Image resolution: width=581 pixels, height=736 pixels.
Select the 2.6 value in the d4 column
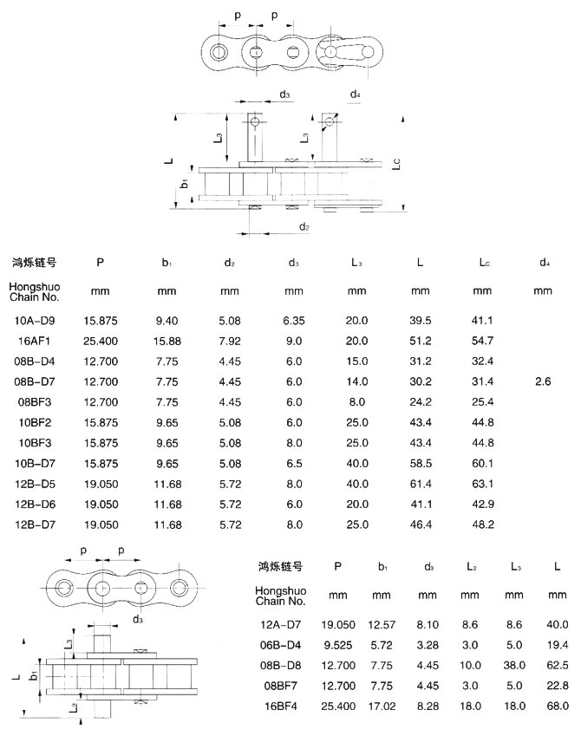coord(543,381)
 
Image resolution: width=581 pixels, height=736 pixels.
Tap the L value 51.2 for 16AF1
coord(421,341)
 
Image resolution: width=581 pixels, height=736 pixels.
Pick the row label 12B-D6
coord(36,504)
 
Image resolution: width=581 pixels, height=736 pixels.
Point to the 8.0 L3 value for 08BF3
coord(357,401)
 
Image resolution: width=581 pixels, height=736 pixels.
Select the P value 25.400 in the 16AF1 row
coord(101,341)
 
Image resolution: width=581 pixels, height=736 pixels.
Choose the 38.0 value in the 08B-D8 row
coord(514,665)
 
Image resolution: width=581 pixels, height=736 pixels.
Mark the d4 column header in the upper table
coord(543,262)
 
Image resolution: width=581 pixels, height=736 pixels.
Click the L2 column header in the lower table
coord(470,566)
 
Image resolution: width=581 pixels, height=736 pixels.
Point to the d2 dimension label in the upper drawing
coord(304,226)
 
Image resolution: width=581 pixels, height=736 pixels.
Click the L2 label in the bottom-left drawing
coord(71,707)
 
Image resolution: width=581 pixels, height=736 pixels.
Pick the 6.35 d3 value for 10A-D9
coord(294,321)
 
